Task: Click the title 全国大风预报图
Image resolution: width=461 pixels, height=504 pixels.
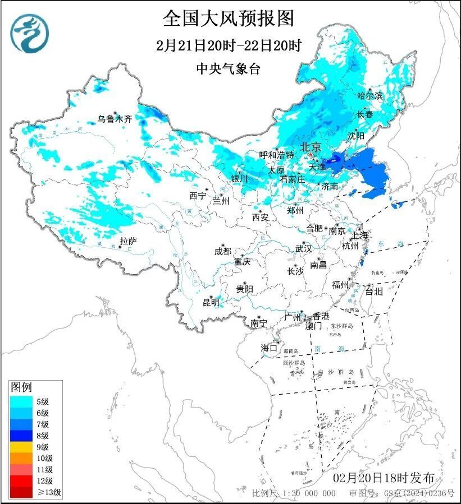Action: (x=229, y=19)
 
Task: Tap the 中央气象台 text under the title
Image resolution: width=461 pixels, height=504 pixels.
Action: (x=229, y=68)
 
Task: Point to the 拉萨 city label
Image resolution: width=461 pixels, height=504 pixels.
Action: (x=128, y=241)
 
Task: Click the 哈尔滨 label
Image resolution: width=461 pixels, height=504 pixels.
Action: (x=370, y=96)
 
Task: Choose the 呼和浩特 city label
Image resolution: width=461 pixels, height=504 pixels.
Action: (x=277, y=155)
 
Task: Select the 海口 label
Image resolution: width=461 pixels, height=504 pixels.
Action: (x=270, y=348)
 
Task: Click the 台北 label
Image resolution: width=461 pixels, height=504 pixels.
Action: (x=373, y=292)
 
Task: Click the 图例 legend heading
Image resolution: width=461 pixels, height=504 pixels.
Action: (x=21, y=387)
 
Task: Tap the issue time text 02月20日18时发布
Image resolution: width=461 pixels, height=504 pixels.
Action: (x=384, y=478)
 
